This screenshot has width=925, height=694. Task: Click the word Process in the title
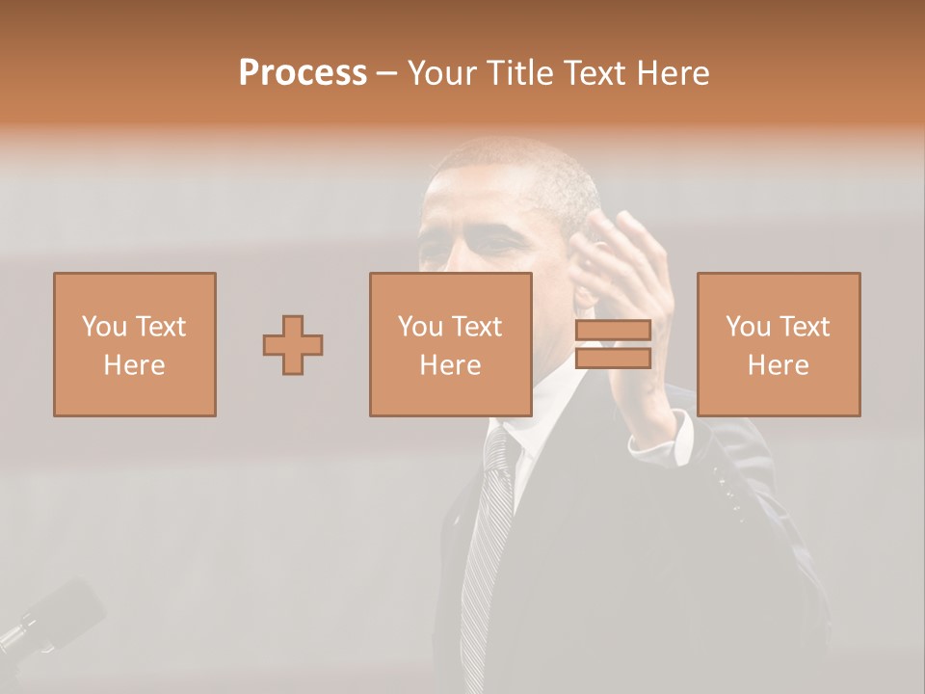click(x=303, y=72)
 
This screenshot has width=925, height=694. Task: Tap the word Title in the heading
click(x=520, y=72)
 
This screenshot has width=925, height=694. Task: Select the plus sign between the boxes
click(x=293, y=345)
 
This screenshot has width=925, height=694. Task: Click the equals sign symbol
click(x=613, y=344)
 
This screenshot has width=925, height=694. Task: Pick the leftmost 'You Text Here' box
click(x=135, y=344)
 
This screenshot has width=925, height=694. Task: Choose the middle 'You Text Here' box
click(x=451, y=344)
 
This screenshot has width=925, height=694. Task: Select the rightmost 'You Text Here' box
click(x=779, y=344)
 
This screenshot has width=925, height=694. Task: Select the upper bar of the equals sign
click(x=613, y=331)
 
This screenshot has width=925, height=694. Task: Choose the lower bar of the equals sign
click(x=613, y=358)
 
